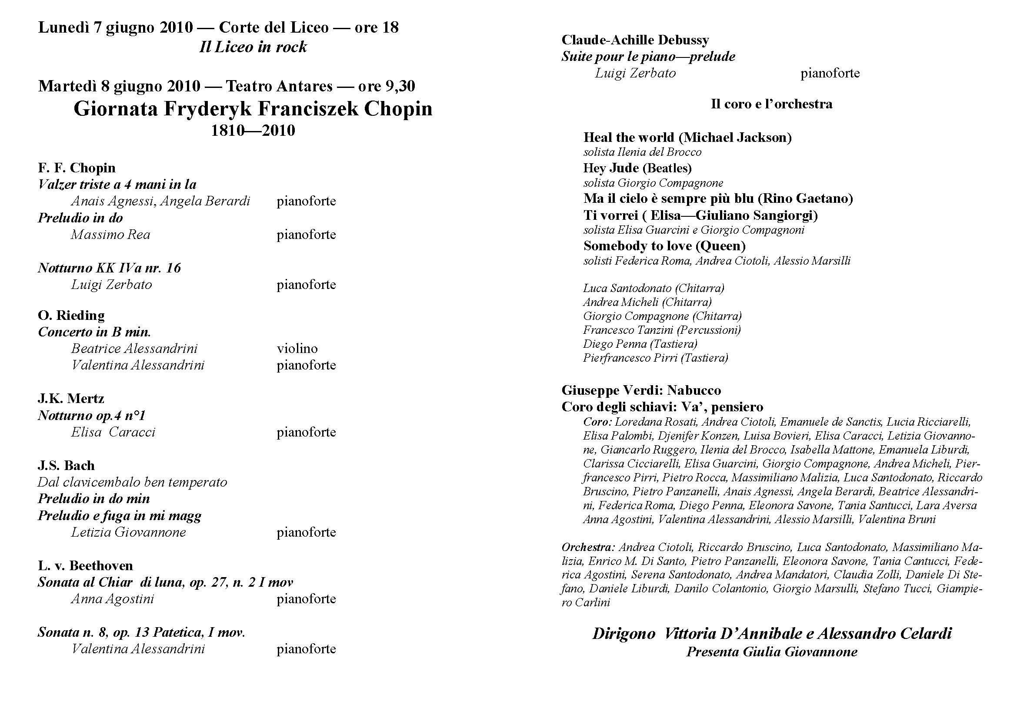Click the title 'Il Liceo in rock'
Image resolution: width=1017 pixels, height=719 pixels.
click(x=253, y=47)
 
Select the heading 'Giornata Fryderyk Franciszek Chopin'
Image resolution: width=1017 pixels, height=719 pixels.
click(x=253, y=109)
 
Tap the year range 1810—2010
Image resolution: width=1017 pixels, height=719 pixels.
click(x=253, y=130)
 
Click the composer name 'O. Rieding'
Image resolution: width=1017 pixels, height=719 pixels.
click(x=71, y=315)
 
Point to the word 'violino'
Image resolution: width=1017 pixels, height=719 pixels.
click(x=297, y=349)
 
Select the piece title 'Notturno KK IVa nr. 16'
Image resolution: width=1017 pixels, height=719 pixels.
click(x=110, y=268)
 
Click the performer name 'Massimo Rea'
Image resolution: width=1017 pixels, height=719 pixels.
click(x=111, y=235)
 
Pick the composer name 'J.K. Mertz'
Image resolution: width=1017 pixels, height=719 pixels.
click(x=71, y=399)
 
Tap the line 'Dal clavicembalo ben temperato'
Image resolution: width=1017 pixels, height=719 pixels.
click(x=133, y=482)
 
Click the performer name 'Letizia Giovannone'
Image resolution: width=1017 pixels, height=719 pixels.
click(x=128, y=532)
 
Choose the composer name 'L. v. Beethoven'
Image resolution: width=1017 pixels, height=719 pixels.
click(x=86, y=566)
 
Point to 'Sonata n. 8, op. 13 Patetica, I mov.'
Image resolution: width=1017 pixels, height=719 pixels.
click(x=141, y=632)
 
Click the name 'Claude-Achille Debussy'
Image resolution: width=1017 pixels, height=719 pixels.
click(x=635, y=40)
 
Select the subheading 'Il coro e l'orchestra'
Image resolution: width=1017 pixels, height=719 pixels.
click(x=772, y=104)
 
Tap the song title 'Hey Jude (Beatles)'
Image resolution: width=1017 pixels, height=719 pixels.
click(x=637, y=168)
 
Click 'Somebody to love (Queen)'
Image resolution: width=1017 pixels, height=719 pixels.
click(x=664, y=245)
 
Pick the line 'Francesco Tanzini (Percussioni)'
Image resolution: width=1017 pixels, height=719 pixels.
click(x=662, y=330)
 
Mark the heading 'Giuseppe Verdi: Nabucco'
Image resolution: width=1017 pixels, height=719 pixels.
click(x=641, y=390)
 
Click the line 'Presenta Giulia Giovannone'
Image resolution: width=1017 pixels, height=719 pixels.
click(x=772, y=652)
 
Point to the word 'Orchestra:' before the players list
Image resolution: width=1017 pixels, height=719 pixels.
click(x=588, y=547)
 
